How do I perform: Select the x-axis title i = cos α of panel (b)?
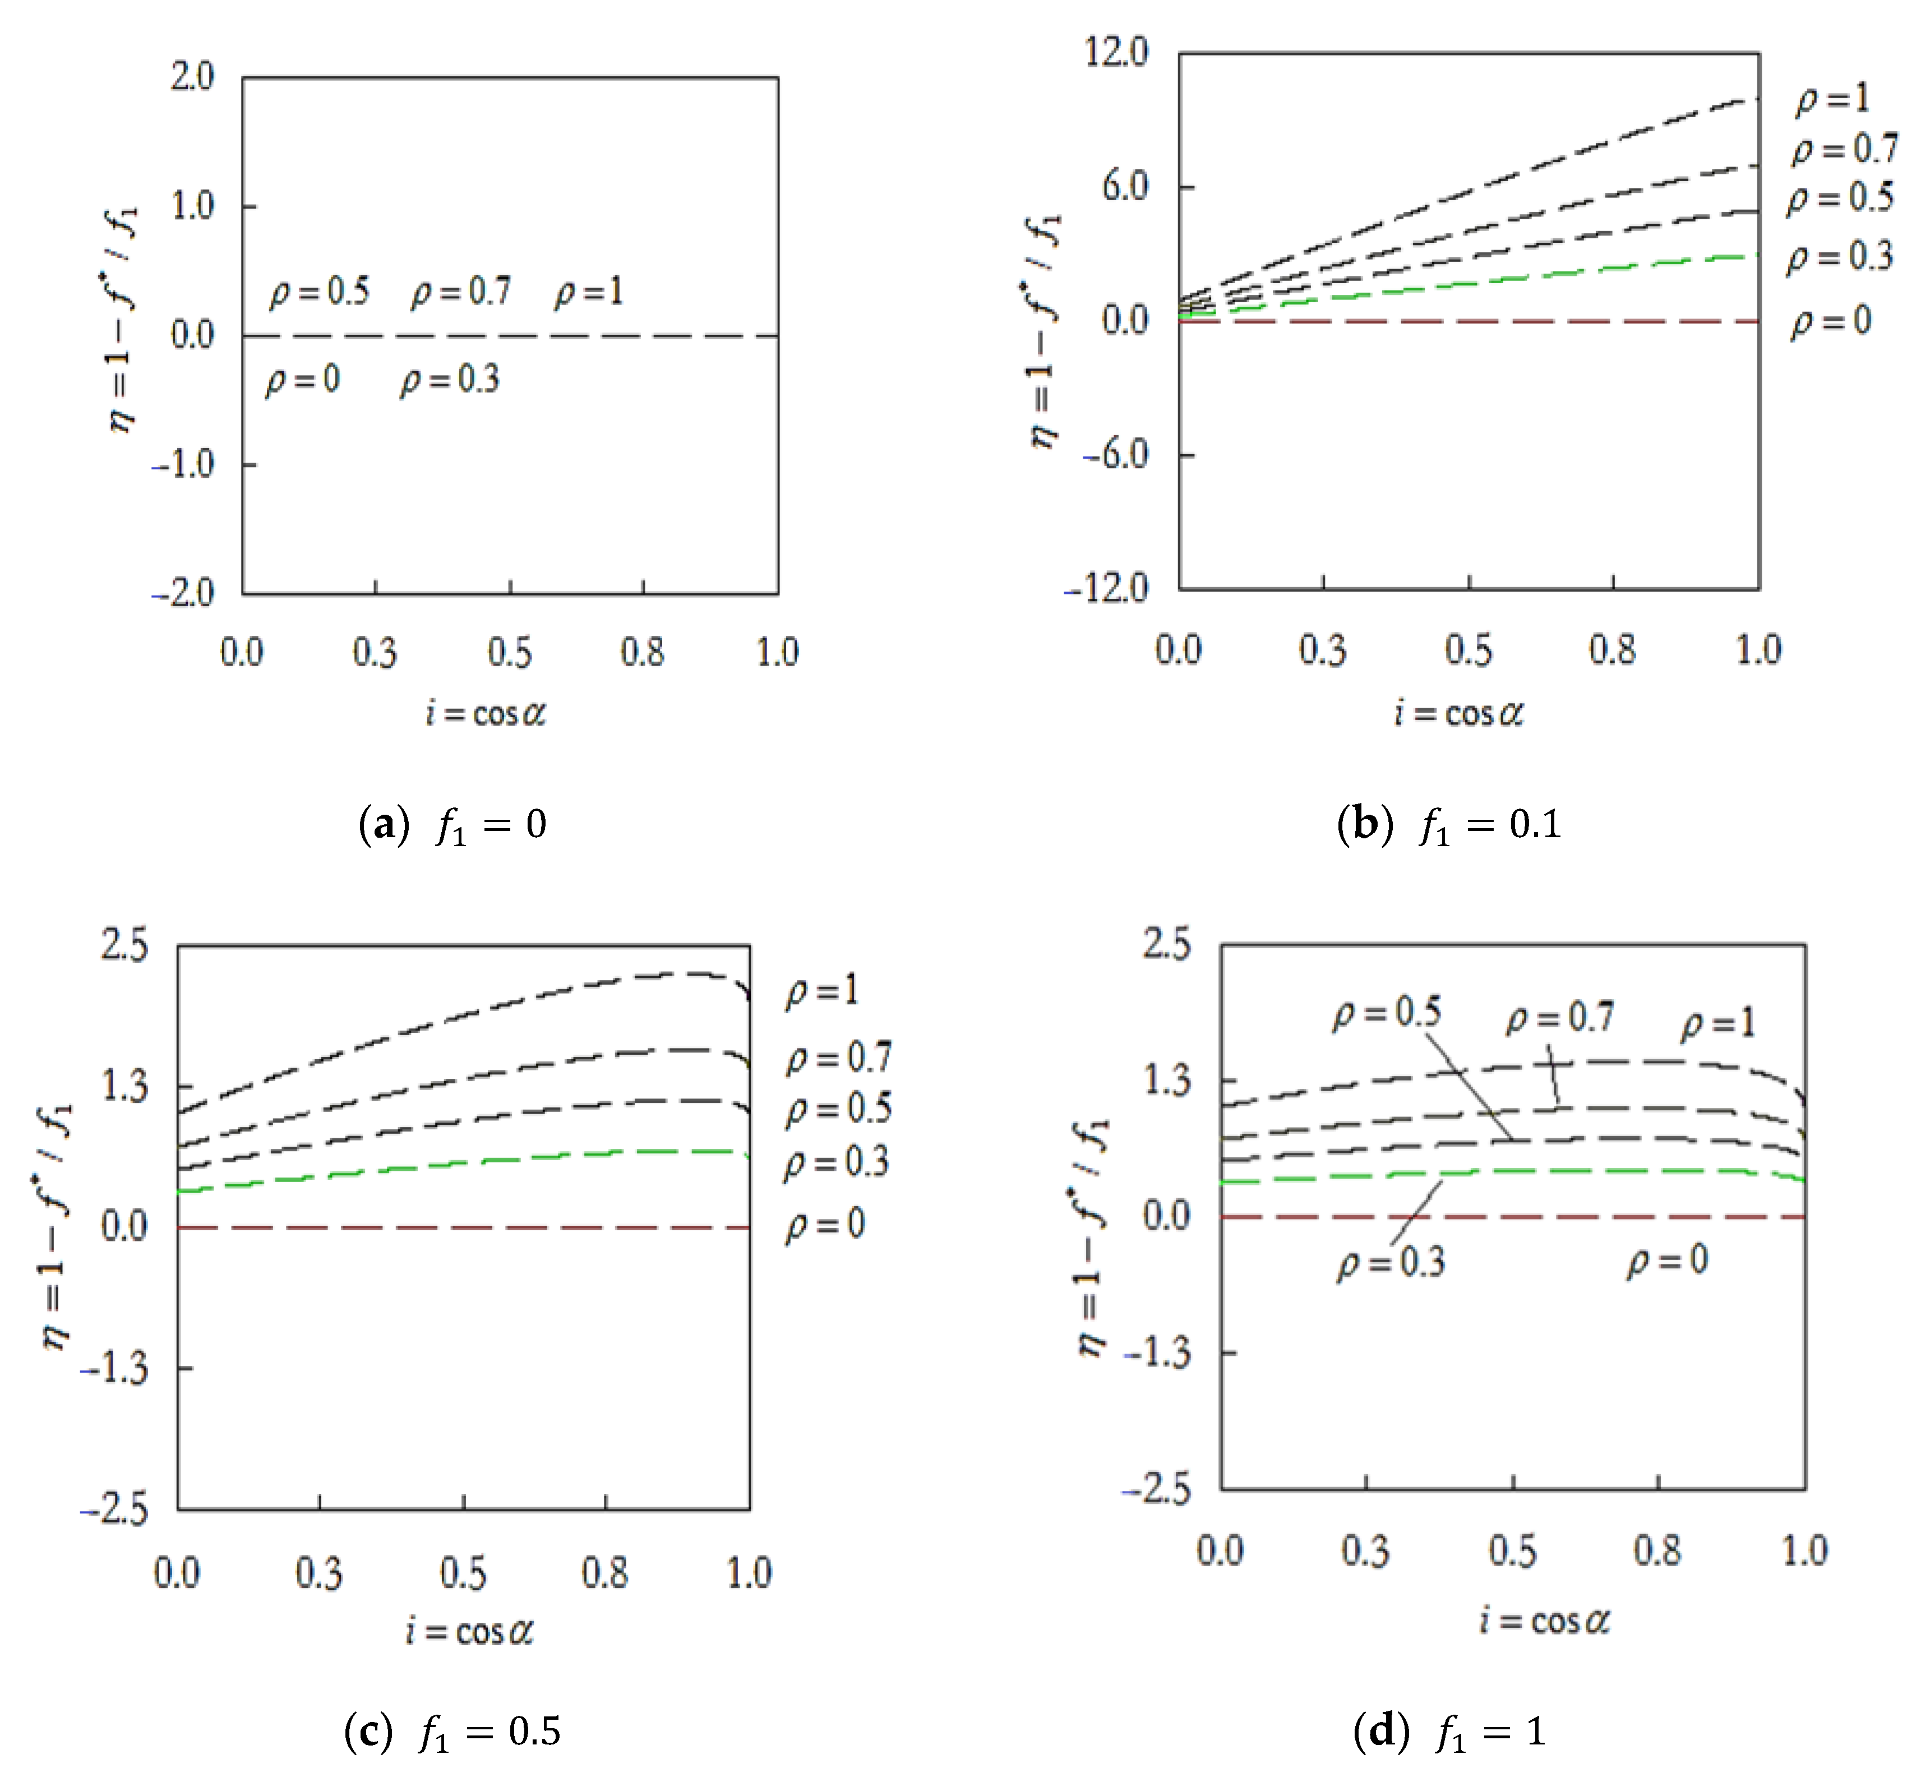click(x=1458, y=714)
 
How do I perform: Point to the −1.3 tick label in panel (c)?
click(x=115, y=1368)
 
